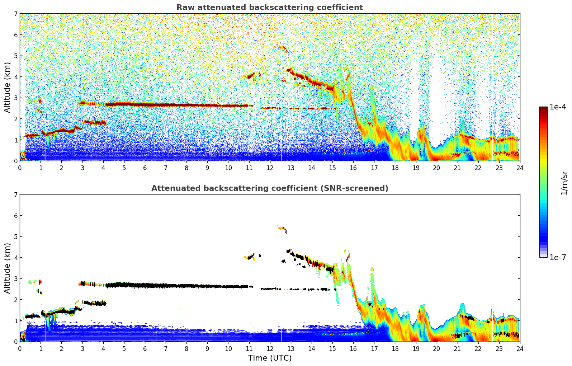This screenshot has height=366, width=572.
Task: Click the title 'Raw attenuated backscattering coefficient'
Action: tap(269, 8)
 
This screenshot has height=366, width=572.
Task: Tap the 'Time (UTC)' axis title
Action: tap(270, 358)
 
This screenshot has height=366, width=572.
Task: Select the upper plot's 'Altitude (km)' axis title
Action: tap(8, 87)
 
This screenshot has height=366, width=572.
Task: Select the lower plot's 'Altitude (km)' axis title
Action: tap(8, 268)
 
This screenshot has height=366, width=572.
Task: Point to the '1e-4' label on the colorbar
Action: tap(558, 107)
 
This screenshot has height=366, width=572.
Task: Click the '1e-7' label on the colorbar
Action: tap(558, 257)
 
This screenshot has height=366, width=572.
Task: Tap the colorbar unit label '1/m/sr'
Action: tap(564, 183)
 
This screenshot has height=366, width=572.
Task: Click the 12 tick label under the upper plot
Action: tap(270, 168)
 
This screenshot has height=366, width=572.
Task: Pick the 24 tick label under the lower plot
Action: tap(520, 348)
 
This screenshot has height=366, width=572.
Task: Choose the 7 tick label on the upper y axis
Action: tap(15, 14)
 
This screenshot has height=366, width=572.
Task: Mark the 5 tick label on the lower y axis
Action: tap(15, 236)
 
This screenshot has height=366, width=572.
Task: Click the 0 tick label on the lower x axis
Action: tap(20, 348)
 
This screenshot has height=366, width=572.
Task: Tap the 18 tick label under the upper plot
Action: tap(395, 168)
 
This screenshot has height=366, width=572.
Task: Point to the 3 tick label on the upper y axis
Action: tap(15, 98)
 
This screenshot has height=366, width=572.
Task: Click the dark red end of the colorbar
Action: tap(543, 108)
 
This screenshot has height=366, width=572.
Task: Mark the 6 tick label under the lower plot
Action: tap(145, 348)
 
